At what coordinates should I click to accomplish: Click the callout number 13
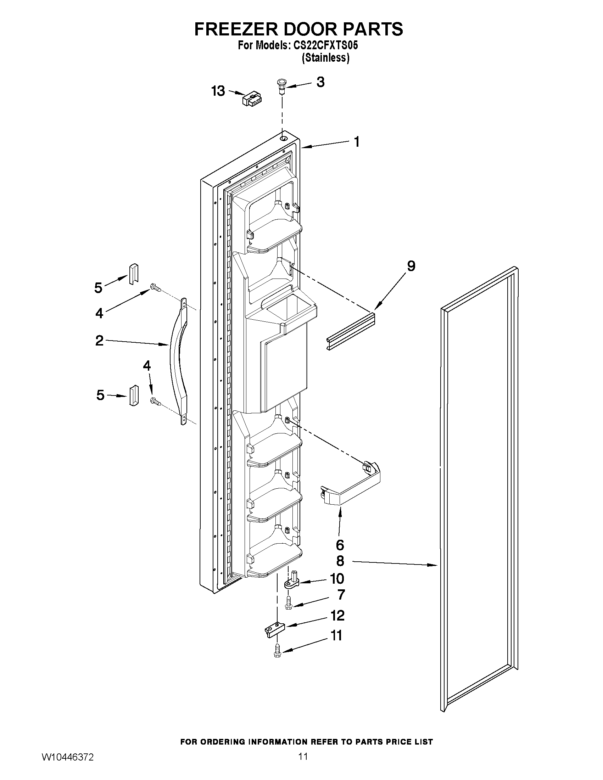click(218, 91)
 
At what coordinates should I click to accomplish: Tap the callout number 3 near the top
click(320, 82)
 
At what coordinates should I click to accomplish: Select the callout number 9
click(411, 266)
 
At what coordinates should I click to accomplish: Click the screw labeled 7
click(289, 604)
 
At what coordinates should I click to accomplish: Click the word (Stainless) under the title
click(325, 58)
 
